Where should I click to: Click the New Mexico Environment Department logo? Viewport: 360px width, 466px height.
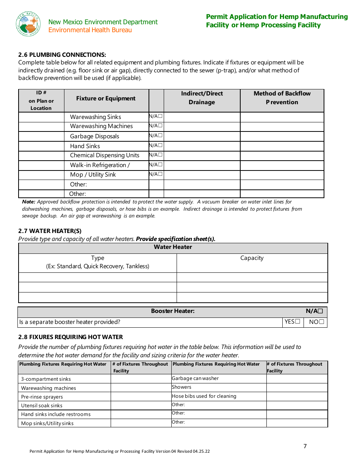pos(28,24)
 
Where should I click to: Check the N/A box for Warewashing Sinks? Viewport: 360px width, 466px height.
pos(161,116)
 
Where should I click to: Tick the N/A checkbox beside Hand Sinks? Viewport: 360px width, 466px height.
pos(161,145)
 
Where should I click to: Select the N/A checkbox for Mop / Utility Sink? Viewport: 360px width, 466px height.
pos(161,174)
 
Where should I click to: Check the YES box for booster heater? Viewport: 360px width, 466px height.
pos(297,322)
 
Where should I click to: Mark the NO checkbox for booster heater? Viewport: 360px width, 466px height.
pos(321,322)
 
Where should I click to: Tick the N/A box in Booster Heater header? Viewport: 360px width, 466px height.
pos(320,311)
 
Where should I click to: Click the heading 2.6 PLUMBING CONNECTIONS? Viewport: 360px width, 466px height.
pos(62,55)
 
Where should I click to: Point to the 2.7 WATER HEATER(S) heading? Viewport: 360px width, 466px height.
pos(50,231)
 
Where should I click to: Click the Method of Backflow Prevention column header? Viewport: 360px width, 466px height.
pos(282,98)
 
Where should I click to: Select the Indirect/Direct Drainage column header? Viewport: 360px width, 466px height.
pos(202,98)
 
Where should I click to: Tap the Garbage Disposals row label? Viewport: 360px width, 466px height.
pos(94,136)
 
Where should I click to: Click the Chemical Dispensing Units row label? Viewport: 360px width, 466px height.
pos(105,155)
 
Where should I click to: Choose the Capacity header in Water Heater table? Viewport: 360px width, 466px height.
pos(252,258)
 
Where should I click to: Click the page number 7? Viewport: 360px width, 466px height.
pos(305,446)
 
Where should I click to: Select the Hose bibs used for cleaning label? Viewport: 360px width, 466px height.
pos(204,396)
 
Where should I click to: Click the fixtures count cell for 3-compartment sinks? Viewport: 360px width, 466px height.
pos(141,379)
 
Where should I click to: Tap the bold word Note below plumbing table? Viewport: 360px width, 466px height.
pos(28,202)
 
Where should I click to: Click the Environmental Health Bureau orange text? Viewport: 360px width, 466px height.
pos(90,30)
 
